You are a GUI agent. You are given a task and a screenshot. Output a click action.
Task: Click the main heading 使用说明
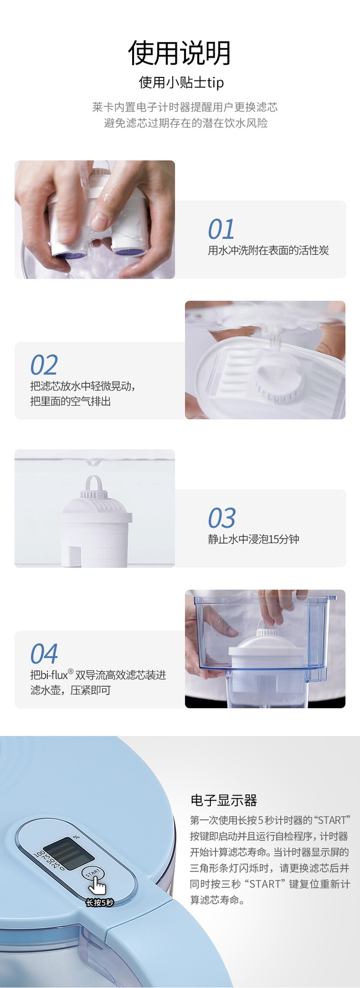tap(180, 53)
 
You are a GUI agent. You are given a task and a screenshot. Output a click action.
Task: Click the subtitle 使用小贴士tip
tap(181, 82)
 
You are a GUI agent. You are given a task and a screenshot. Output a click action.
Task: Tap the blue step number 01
tap(221, 229)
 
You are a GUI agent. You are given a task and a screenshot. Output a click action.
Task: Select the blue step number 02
tap(44, 365)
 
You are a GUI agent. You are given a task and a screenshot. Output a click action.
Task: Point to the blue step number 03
tap(222, 518)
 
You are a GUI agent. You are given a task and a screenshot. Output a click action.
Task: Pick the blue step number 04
tap(44, 654)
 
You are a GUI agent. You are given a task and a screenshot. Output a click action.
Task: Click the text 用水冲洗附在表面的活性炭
tap(268, 251)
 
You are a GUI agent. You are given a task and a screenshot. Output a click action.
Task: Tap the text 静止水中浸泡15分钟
tap(253, 539)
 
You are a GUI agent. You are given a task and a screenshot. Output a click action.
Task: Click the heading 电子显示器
tap(224, 800)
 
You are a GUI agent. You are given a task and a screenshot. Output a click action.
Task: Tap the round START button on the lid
tap(93, 873)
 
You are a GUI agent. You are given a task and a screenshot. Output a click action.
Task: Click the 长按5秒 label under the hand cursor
tap(100, 903)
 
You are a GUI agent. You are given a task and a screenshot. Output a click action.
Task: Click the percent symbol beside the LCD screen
tap(76, 837)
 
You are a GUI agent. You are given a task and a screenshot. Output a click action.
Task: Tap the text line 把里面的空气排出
tap(71, 402)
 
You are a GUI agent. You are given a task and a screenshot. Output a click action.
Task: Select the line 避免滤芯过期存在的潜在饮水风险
tap(186, 123)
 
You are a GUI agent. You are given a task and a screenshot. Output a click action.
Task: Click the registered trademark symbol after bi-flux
tap(71, 671)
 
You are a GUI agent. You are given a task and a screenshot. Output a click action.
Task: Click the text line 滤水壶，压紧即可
tap(71, 690)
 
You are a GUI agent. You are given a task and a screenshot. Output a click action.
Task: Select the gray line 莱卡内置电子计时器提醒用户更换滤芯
tap(185, 107)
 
